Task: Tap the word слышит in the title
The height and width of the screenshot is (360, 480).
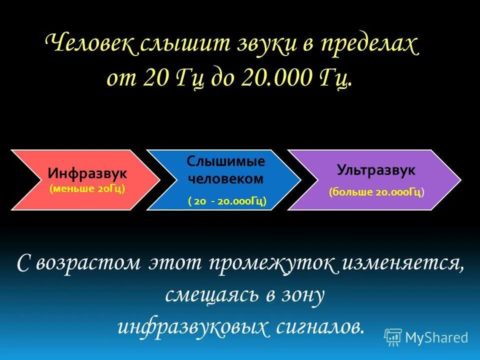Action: [x=174, y=46]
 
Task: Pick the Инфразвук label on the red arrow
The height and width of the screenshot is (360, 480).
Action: [x=87, y=173]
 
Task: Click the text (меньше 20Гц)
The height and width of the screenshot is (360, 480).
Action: [x=87, y=189]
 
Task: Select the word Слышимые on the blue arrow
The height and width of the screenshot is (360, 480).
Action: [x=226, y=161]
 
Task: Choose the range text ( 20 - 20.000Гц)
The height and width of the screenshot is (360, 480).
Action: [x=227, y=201]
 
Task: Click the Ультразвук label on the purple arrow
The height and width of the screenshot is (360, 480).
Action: [x=376, y=170]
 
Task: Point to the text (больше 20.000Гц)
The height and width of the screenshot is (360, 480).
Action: [x=376, y=192]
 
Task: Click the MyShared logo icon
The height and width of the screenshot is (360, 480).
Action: [x=393, y=337]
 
